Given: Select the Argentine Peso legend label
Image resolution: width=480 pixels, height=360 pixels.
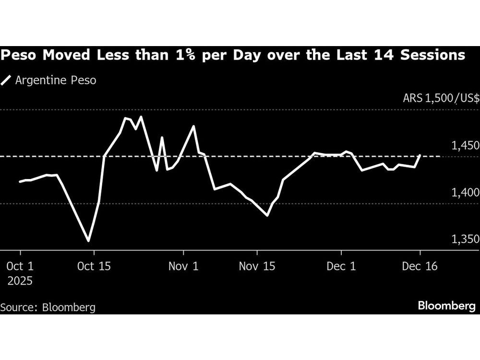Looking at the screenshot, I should tap(56, 80).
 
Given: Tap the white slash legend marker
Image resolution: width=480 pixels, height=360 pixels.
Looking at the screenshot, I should tap(6, 80).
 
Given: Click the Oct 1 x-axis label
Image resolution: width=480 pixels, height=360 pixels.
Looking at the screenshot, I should tap(20, 265).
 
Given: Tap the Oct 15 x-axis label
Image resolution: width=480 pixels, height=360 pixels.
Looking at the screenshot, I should tap(94, 265).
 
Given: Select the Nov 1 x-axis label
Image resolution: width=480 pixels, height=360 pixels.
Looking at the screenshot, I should tap(183, 265).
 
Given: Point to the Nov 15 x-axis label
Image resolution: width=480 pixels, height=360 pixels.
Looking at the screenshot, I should tap(257, 265).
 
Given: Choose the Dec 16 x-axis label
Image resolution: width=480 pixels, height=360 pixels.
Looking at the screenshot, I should tap(420, 265).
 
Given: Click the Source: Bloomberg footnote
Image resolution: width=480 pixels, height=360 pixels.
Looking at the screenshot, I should tap(48, 307).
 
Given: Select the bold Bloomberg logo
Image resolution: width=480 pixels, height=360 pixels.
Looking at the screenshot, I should tap(446, 306).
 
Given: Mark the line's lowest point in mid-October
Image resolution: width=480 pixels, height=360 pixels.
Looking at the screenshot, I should tap(88, 240).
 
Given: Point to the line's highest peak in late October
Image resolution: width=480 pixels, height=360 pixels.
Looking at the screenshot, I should tap(141, 117).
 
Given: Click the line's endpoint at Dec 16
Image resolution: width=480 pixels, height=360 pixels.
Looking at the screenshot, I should tap(420, 155).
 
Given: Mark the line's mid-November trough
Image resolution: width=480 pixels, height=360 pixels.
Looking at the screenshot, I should tap(267, 216).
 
